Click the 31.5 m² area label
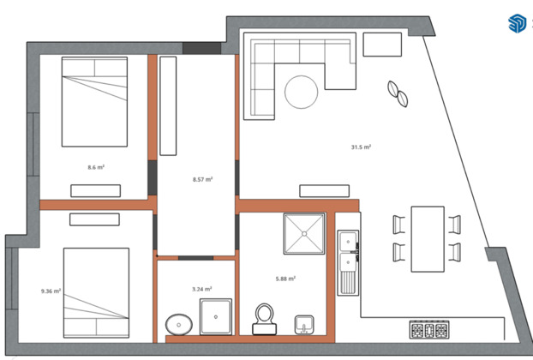361,147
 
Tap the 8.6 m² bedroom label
96,167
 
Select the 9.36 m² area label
51,291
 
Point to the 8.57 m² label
202,179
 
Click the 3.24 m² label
202,290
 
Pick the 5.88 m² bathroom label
285,279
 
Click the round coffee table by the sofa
301,92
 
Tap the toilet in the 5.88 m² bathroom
265,319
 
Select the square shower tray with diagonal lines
304,233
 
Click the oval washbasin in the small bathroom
179,324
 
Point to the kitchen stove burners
429,330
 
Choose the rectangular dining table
428,239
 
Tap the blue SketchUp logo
517,23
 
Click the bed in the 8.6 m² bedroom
94,102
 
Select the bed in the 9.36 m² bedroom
96,293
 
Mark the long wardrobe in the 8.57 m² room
168,106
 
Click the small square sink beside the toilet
304,325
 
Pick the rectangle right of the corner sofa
382,45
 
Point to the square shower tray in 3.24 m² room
216,317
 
